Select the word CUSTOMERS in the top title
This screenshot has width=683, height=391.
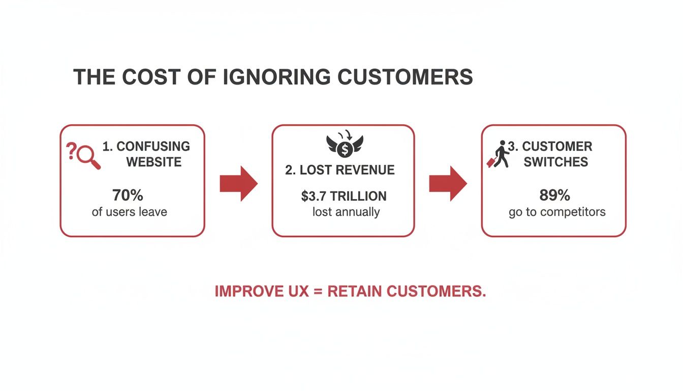[405, 77]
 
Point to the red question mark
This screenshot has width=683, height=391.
[72, 151]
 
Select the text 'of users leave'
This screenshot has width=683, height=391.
[129, 211]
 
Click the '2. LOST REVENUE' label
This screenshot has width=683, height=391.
[340, 170]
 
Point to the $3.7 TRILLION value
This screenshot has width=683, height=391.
[344, 196]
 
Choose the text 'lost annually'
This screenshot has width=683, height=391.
[346, 212]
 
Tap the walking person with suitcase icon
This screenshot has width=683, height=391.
[498, 154]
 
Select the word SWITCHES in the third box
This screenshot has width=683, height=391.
[556, 162]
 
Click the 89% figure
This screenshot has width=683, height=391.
[554, 195]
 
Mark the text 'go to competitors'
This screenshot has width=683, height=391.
[557, 212]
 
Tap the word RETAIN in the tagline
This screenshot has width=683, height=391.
[355, 291]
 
